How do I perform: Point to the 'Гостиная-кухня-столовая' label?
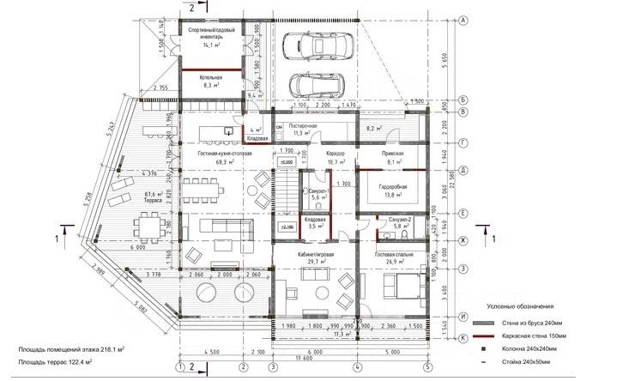(225, 152)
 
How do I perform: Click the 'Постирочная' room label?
(304, 126)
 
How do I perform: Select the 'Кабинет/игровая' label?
(315, 255)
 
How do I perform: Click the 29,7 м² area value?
(315, 263)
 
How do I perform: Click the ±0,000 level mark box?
(285, 160)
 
